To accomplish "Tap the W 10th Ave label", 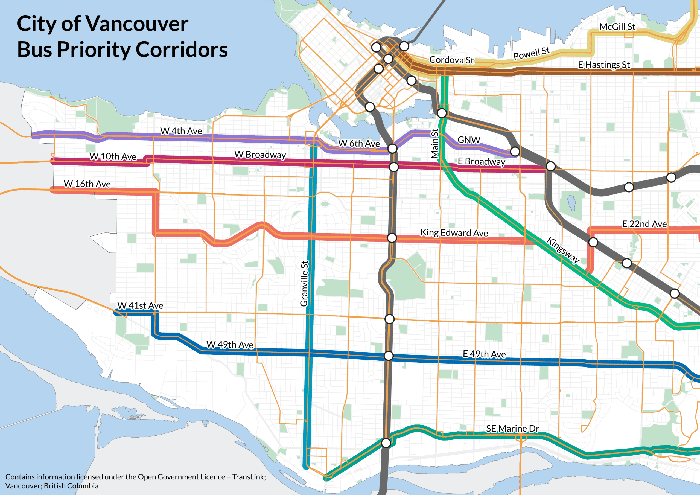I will click(113, 156).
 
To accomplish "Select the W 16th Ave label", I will click(87, 184).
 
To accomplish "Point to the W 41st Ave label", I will click(140, 305).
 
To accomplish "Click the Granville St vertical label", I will click(304, 283).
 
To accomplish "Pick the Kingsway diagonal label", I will click(563, 250).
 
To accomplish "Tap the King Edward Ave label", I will click(454, 233).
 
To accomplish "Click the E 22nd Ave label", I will click(644, 224).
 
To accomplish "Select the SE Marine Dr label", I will click(512, 429).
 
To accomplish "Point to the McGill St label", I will click(617, 27).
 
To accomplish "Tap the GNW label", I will click(469, 140).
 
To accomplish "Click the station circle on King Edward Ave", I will click(392, 238).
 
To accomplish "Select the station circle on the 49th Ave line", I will click(388, 356).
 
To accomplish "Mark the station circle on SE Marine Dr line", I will click(386, 443).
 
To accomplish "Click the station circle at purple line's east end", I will click(515, 151).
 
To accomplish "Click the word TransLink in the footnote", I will click(249, 477).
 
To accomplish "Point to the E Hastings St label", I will click(604, 65).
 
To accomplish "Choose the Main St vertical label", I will click(435, 143).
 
